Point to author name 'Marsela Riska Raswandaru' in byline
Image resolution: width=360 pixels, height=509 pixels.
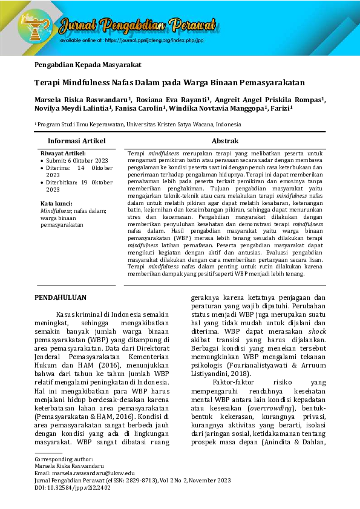click(x=82, y=99)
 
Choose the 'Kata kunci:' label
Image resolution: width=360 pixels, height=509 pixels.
click(x=56, y=203)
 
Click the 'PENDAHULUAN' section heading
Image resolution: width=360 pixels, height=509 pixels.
click(x=61, y=297)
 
